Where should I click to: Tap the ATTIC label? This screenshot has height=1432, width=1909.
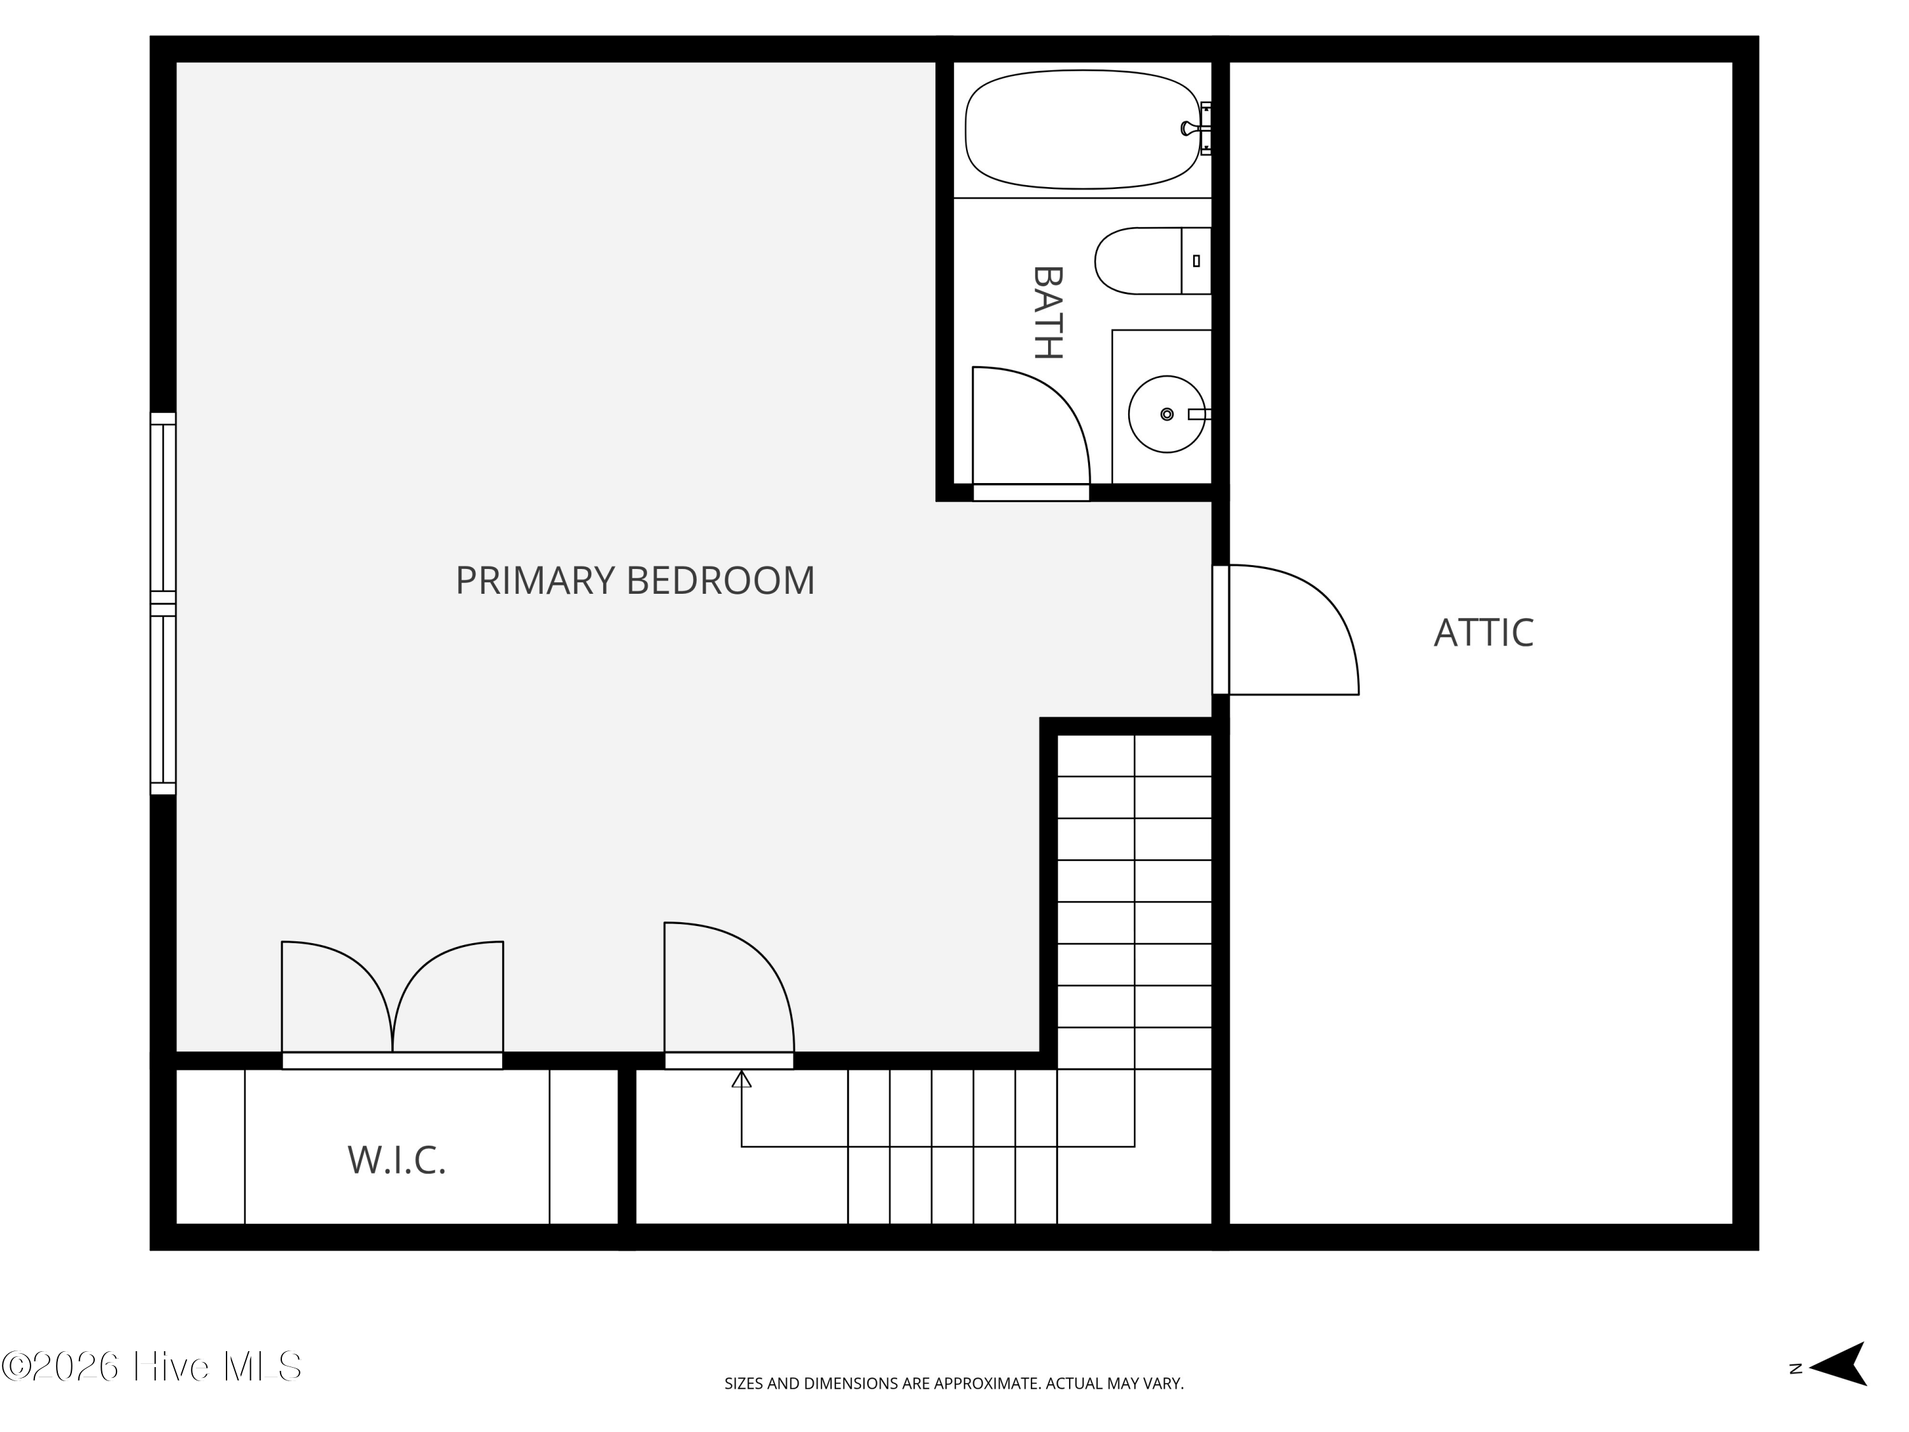coord(1483,633)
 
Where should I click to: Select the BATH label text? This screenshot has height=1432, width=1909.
coord(1047,312)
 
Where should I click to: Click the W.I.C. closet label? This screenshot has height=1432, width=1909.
coord(396,1160)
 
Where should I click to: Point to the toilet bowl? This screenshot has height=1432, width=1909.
coord(1135,261)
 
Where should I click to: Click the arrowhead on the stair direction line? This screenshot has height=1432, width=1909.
coord(741,1079)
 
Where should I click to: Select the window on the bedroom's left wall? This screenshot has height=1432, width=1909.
coord(163,603)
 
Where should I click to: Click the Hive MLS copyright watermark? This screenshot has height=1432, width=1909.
coord(152,1367)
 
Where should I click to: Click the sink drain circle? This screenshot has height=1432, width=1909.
coord(1167,414)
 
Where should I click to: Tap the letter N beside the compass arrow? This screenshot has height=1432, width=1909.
coord(1796,1369)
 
